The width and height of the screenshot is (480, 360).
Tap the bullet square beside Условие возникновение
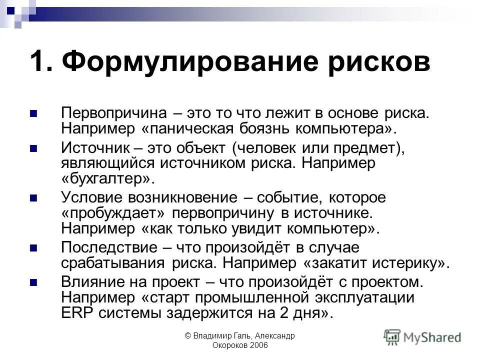click(x=34, y=199)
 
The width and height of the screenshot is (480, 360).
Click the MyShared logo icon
click(x=393, y=336)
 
